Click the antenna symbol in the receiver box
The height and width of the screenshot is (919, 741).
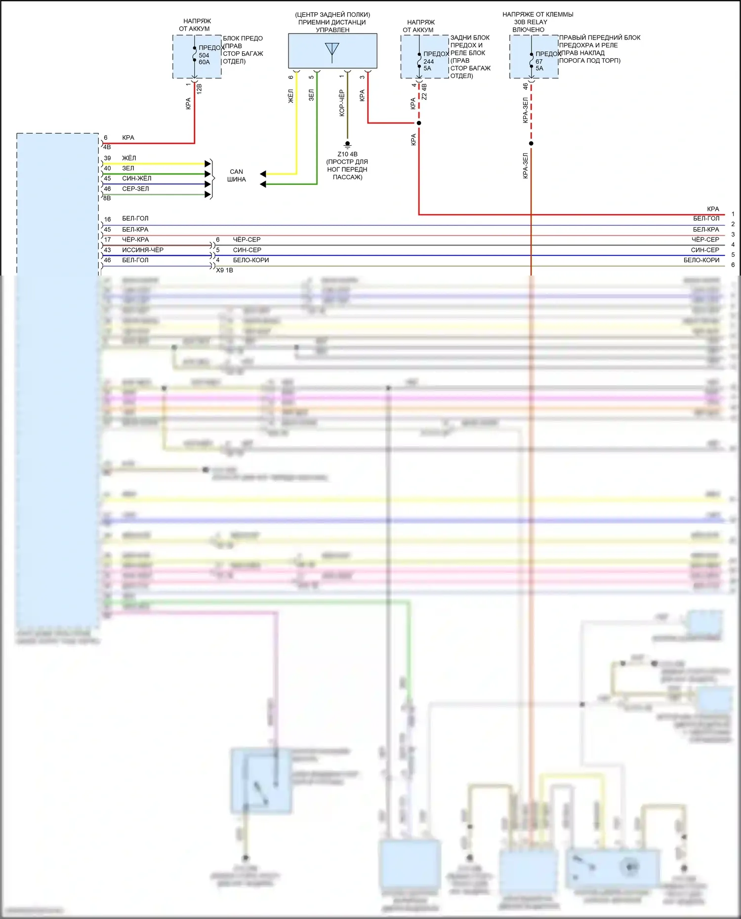pyautogui.click(x=332, y=50)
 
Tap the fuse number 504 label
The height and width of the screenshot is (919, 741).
pyautogui.click(x=204, y=55)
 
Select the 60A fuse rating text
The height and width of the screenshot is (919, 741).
pyautogui.click(x=204, y=62)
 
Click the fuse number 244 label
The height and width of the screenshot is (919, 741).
pyautogui.click(x=428, y=62)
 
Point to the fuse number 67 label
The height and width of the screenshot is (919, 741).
pyautogui.click(x=539, y=62)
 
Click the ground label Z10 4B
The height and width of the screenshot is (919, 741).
pyautogui.click(x=347, y=154)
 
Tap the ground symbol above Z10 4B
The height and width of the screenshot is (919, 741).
pyautogui.click(x=347, y=145)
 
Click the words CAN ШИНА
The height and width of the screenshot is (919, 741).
pyautogui.click(x=236, y=175)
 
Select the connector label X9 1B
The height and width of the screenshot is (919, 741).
pyautogui.click(x=225, y=270)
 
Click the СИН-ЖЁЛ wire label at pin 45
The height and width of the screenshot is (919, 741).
pyautogui.click(x=137, y=178)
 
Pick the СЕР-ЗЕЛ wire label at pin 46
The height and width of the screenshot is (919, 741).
pyautogui.click(x=135, y=189)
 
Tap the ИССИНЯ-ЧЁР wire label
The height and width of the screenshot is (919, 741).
pyautogui.click(x=143, y=250)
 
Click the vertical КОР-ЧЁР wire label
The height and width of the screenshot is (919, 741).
pyautogui.click(x=342, y=103)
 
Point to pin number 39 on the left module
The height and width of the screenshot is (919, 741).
pyautogui.click(x=107, y=158)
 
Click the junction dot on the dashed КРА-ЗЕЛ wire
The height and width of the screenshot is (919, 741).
pyautogui.click(x=531, y=144)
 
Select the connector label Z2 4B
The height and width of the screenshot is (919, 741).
pyautogui.click(x=424, y=91)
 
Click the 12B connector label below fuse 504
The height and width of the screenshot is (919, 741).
pyautogui.click(x=200, y=89)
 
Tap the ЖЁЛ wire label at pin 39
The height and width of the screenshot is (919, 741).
pyautogui.click(x=129, y=158)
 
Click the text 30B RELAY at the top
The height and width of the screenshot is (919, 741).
pyautogui.click(x=531, y=22)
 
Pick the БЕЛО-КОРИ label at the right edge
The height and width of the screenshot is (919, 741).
pyautogui.click(x=701, y=260)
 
